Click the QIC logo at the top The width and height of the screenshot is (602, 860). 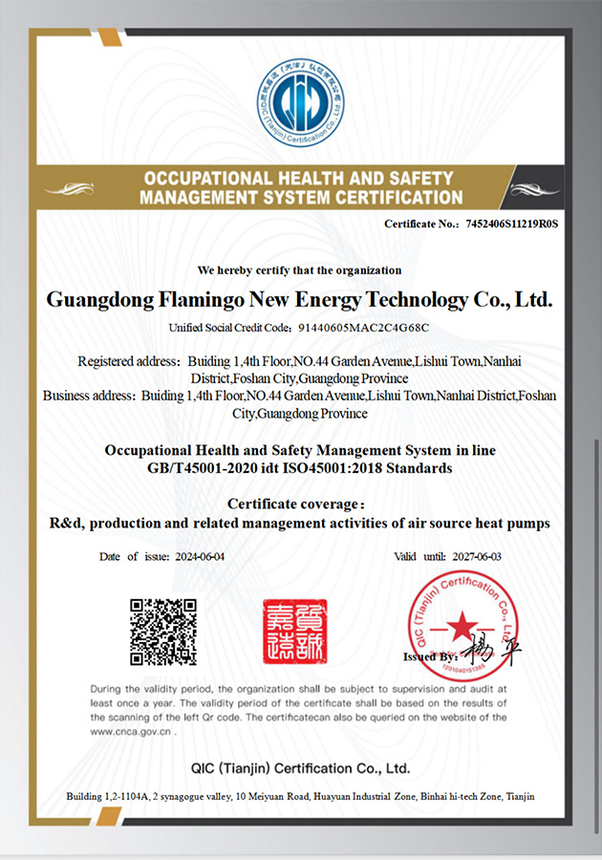300,103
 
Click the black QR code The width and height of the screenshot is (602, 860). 163,632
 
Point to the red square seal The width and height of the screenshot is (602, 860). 294,632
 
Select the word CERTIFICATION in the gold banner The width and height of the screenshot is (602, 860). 398,198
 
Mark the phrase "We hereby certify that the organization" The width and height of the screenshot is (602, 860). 299,270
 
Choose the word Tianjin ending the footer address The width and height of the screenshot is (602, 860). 521,796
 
